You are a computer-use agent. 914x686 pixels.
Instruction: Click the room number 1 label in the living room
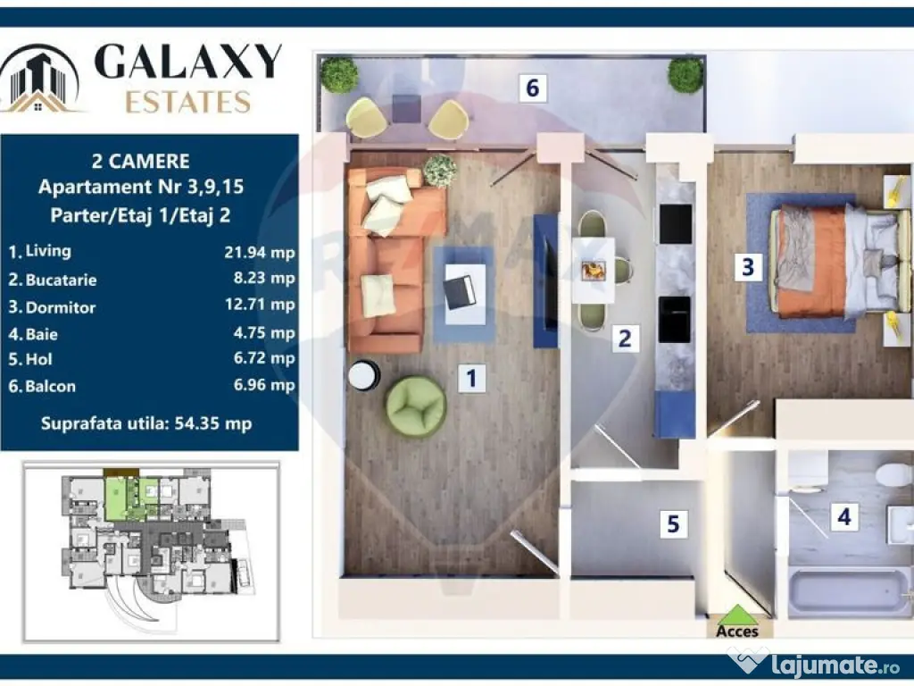pyautogui.click(x=471, y=378)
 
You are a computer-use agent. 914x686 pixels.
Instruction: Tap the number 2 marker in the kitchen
pyautogui.click(x=625, y=338)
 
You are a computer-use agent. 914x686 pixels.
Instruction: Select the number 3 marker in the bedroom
pyautogui.click(x=748, y=266)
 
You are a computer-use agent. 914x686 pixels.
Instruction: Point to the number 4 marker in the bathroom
pyautogui.click(x=843, y=516)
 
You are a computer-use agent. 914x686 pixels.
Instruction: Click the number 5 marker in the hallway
pyautogui.click(x=673, y=524)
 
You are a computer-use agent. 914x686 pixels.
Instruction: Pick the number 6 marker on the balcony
pyautogui.click(x=532, y=88)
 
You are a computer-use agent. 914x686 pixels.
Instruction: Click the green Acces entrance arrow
pyautogui.click(x=737, y=615)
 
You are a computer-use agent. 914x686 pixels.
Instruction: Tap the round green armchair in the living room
pyautogui.click(x=415, y=406)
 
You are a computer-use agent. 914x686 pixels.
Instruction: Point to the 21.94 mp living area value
pyautogui.click(x=259, y=253)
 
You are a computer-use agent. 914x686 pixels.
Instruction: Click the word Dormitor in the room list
pyautogui.click(x=61, y=307)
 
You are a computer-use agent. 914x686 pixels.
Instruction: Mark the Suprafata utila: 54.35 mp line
pyautogui.click(x=146, y=422)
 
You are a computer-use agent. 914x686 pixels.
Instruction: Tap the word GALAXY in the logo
pyautogui.click(x=187, y=62)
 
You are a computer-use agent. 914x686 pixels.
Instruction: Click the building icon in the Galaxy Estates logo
pyautogui.click(x=41, y=79)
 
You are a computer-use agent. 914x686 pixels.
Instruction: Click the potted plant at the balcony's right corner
pyautogui.click(x=685, y=75)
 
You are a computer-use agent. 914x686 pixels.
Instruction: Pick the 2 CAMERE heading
pyautogui.click(x=141, y=162)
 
